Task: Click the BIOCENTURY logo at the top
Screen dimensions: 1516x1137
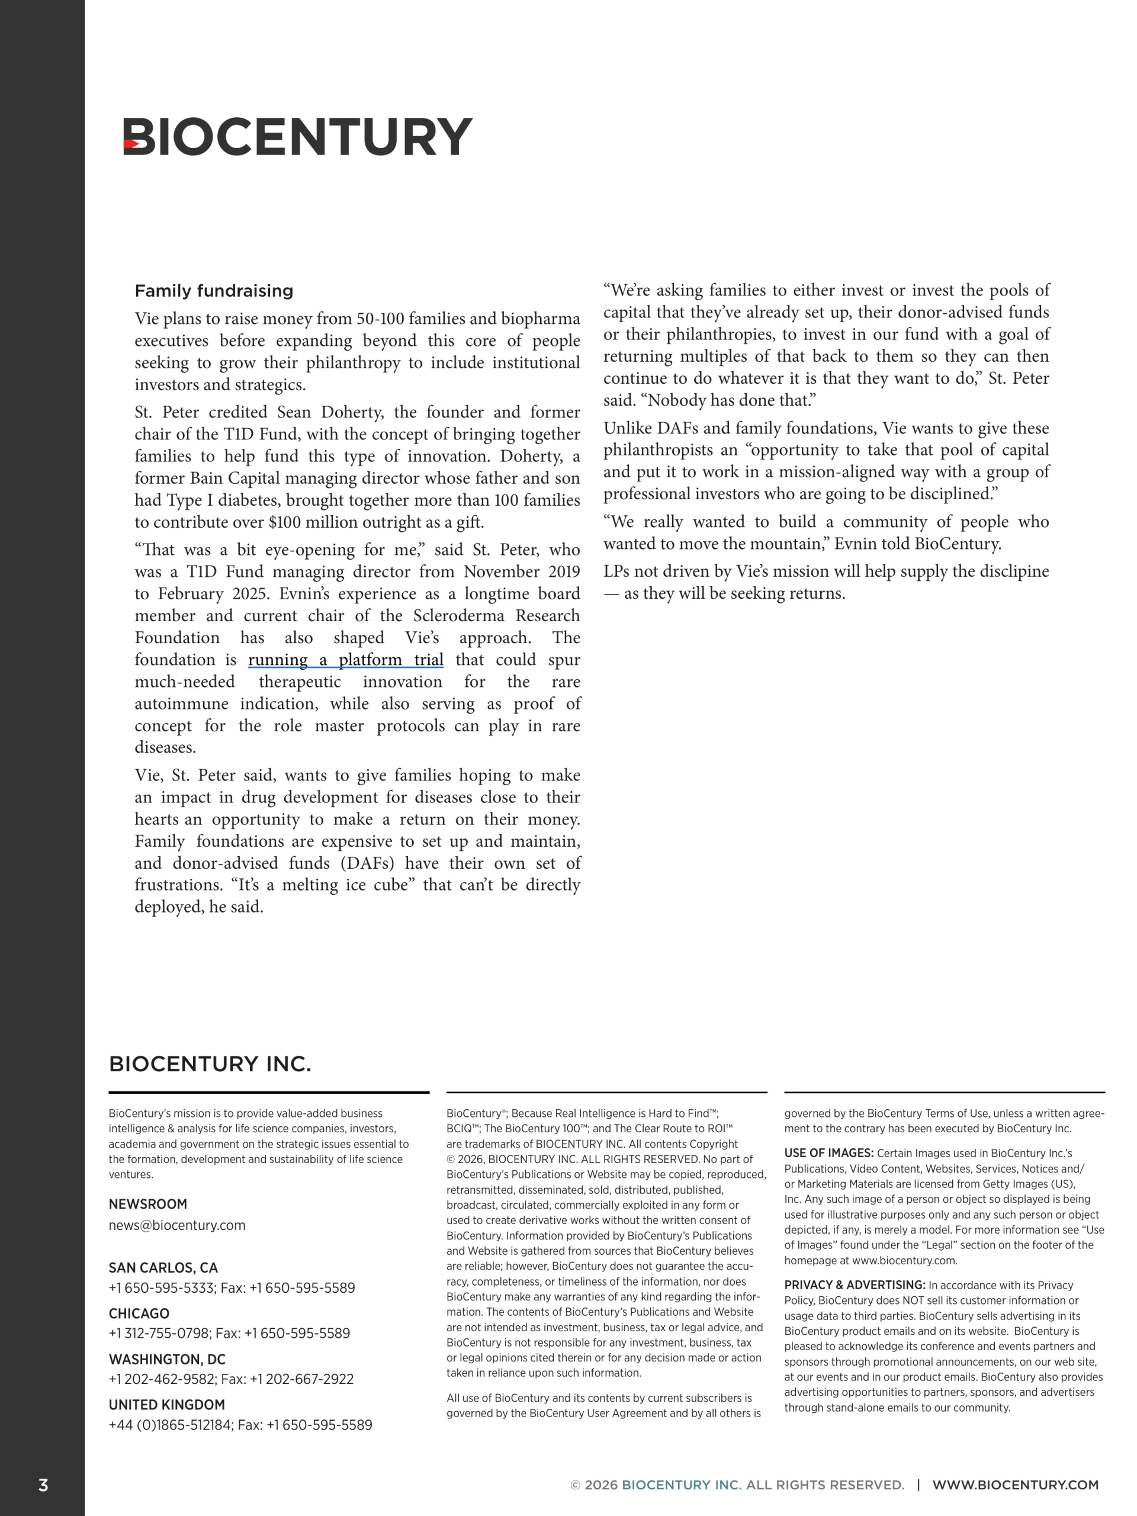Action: point(297,136)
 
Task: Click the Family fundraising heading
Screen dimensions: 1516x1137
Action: point(214,291)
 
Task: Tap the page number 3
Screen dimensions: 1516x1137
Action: point(43,1485)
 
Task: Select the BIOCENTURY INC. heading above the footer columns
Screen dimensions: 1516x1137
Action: point(210,1064)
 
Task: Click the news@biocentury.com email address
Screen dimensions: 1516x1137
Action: point(177,1225)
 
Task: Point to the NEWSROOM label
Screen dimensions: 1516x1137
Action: point(148,1204)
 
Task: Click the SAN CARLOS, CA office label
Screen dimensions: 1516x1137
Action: point(163,1267)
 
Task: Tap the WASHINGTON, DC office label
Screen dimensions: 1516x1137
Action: point(167,1359)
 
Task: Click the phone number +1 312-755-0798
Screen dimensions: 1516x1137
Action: point(160,1333)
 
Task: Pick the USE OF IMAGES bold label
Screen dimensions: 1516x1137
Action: point(828,1153)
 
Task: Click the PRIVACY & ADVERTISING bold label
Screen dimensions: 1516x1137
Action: point(855,1285)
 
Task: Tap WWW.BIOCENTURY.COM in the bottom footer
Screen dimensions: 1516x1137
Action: point(1015,1485)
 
